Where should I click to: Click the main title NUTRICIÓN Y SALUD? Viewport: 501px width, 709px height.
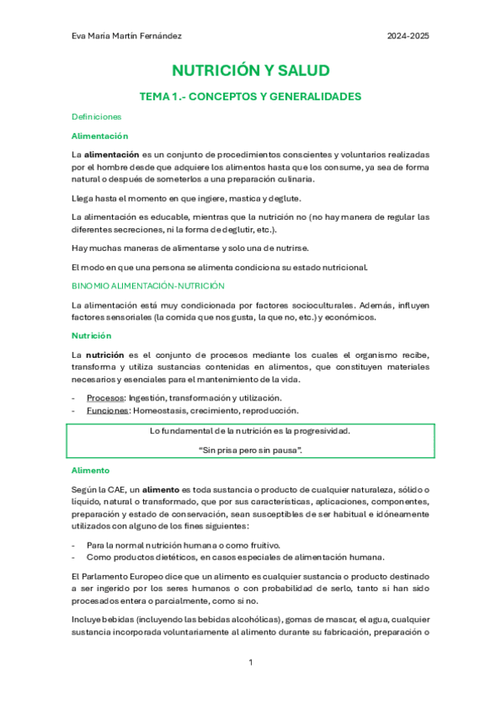250,70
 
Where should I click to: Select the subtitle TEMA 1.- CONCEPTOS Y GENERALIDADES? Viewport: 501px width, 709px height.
250,97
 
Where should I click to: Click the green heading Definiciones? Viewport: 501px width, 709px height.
96,117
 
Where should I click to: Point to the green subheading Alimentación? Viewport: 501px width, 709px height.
100,135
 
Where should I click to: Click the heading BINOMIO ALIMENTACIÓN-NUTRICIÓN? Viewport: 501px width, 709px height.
148,286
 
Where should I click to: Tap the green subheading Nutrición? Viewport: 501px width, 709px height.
93,335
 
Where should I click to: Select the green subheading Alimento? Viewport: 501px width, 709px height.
91,471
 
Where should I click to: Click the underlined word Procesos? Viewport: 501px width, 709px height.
105,397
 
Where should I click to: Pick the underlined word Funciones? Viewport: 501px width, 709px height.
107,411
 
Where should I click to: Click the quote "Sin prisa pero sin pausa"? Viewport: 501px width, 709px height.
251,451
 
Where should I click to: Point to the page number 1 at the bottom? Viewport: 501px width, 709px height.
251,663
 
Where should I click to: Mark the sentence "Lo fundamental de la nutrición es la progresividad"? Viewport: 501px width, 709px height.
250,431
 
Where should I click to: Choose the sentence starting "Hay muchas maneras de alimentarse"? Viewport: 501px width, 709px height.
191,248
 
